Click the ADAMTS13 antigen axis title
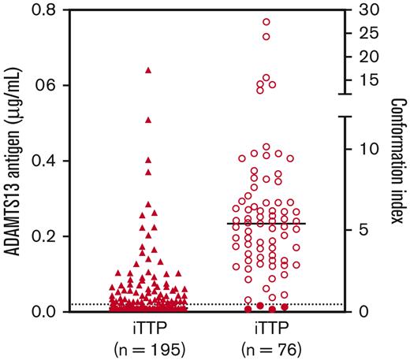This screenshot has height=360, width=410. [x=14, y=161]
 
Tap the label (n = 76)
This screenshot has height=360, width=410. [x=266, y=347]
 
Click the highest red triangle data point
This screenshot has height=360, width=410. [x=148, y=70]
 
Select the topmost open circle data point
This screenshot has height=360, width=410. [x=266, y=22]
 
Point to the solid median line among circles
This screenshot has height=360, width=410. [x=266, y=224]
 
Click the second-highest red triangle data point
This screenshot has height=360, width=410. [x=148, y=120]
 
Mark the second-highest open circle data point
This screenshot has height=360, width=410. [x=266, y=36]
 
